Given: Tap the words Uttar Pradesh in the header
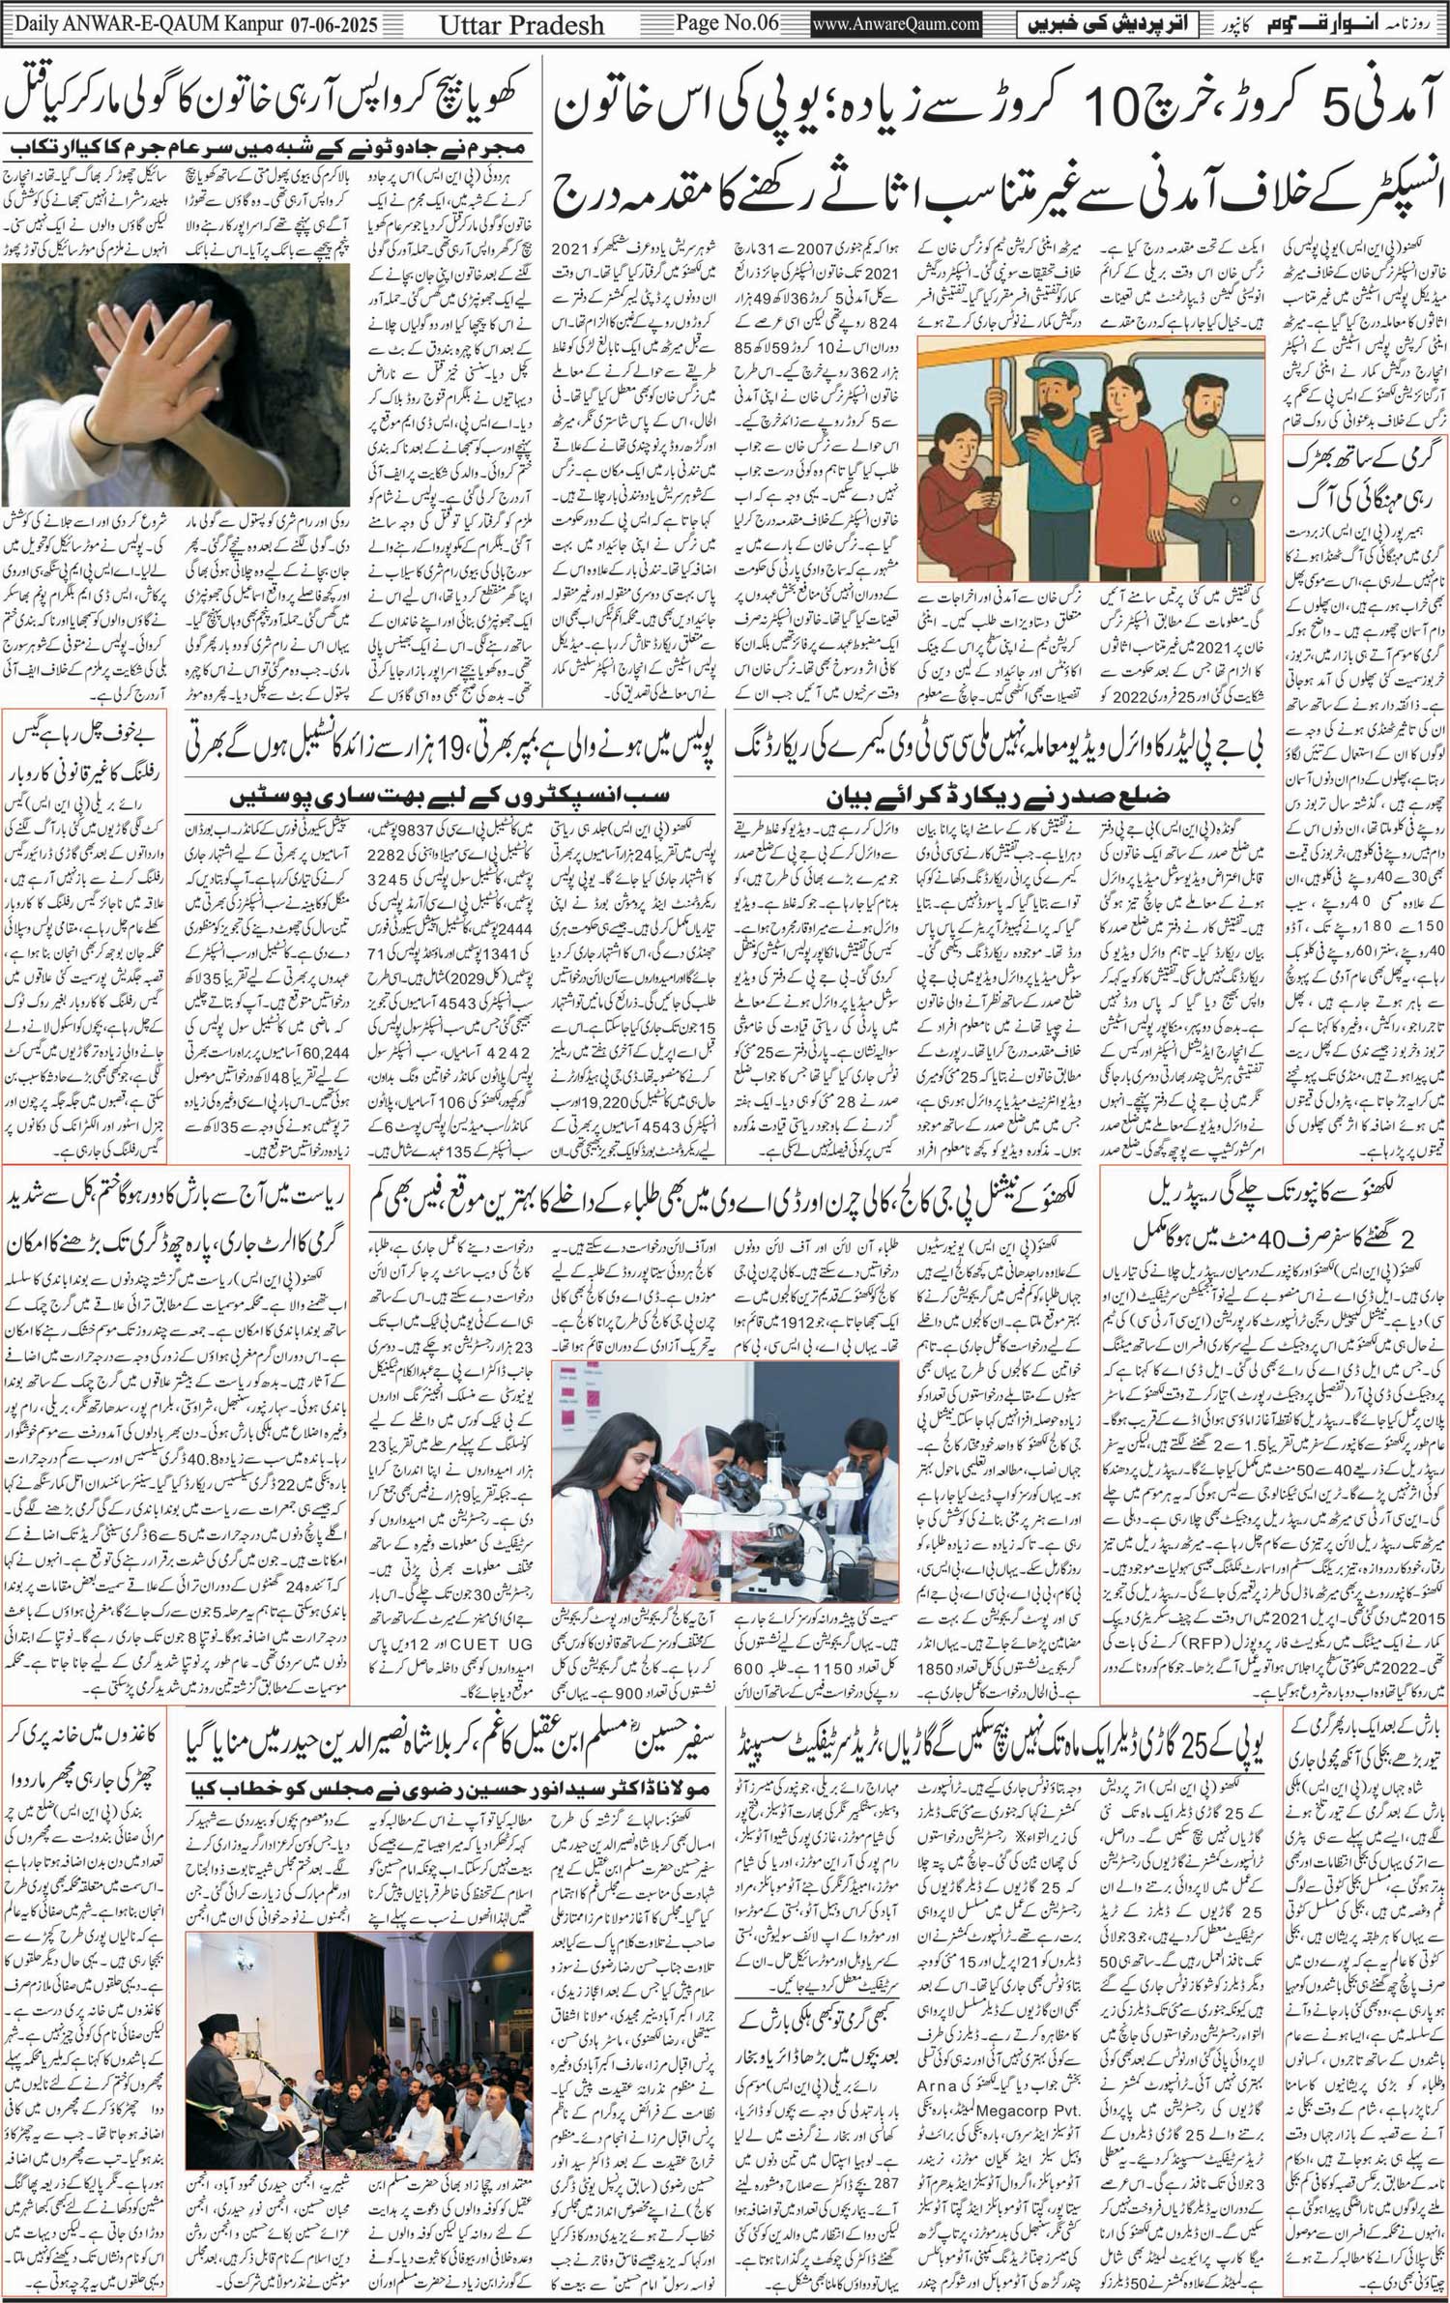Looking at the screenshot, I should (522, 24).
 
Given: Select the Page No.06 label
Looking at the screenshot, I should (727, 22).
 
